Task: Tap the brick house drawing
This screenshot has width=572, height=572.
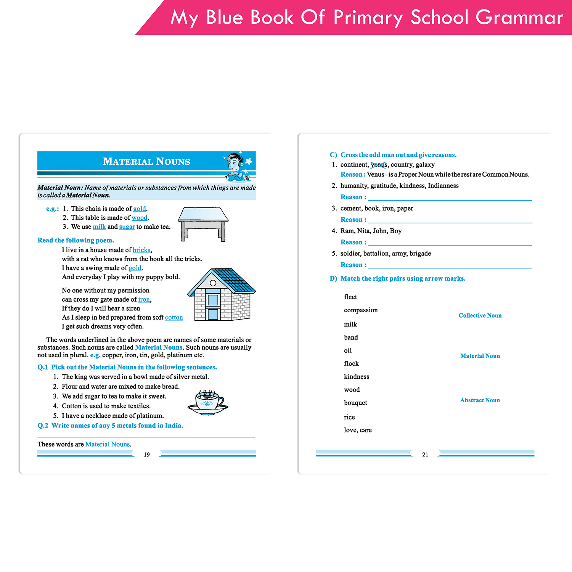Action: pos(221,295)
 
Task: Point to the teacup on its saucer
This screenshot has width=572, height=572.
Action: pos(208,402)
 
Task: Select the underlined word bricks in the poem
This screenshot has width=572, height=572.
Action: pos(141,250)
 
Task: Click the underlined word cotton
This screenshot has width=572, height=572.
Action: pos(174,318)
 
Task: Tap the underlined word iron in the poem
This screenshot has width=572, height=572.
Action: pos(144,300)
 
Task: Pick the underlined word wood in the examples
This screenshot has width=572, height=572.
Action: pos(139,218)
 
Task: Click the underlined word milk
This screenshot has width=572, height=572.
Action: pos(99,227)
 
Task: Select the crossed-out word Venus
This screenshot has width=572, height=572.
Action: pos(379,165)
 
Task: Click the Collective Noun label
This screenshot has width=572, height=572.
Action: pos(480,316)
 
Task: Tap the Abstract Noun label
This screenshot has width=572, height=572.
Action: pos(480,400)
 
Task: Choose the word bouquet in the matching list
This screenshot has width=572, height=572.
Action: pos(355,403)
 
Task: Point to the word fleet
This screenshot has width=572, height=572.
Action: pos(350,297)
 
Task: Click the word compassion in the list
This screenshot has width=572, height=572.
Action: pos(361,310)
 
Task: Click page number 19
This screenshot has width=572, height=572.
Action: pos(147,455)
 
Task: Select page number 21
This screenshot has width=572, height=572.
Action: pos(425,455)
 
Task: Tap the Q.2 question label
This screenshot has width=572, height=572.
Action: pos(43,426)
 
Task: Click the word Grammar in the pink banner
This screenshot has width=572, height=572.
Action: pos(519,18)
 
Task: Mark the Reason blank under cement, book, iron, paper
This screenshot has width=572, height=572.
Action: pos(450,220)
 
